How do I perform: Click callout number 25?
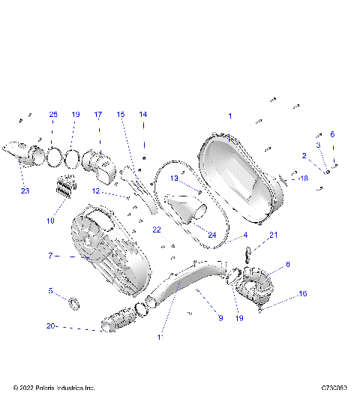pyautogui.click(x=53, y=115)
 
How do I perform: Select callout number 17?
pyautogui.click(x=98, y=115)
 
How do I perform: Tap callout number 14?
pyautogui.click(x=143, y=115)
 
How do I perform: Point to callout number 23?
pyautogui.click(x=25, y=190)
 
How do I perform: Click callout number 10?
pyautogui.click(x=51, y=220)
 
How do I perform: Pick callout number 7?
pyautogui.click(x=50, y=256)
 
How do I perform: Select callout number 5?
pyautogui.click(x=50, y=290)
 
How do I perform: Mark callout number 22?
pyautogui.click(x=157, y=229)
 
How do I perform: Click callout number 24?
pyautogui.click(x=212, y=235)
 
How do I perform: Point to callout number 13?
pyautogui.click(x=173, y=178)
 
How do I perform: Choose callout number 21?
pyautogui.click(x=274, y=235)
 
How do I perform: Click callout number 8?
pyautogui.click(x=288, y=264)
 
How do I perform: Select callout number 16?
pyautogui.click(x=303, y=295)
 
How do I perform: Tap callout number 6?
pyautogui.click(x=333, y=134)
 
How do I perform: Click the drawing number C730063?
pyautogui.click(x=334, y=388)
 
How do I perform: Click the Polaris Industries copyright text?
pyautogui.click(x=54, y=388)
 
